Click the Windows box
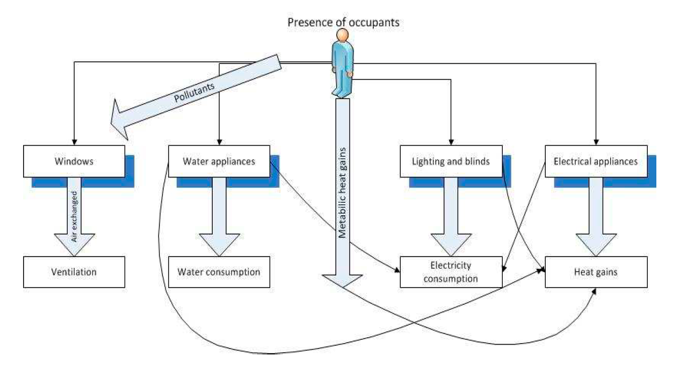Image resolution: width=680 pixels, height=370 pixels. point(74,161)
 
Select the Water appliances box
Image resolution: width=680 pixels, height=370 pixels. point(219,161)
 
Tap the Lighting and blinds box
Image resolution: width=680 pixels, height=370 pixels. point(451,161)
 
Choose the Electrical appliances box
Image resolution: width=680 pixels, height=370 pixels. point(596,161)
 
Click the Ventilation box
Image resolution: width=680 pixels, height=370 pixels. point(74,272)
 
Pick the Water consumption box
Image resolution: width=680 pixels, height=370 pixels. point(219,272)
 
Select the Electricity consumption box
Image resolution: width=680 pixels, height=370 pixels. point(451,272)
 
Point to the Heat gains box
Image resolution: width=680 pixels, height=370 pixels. point(596,272)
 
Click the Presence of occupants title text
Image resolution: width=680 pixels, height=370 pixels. point(343,23)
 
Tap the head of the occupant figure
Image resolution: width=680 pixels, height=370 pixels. point(341,35)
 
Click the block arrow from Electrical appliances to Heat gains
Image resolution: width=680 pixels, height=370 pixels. point(596,220)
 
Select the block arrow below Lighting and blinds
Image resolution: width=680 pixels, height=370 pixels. point(451,220)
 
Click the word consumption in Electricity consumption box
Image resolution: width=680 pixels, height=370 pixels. point(451,279)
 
